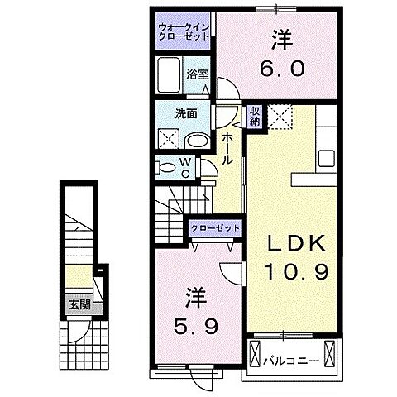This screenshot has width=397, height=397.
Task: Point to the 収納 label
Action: coord(255,114)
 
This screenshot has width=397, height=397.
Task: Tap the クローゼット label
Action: coord(216,227)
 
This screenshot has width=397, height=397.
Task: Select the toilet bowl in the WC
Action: coord(168,168)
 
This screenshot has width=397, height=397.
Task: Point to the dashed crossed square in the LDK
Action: coord(281,117)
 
